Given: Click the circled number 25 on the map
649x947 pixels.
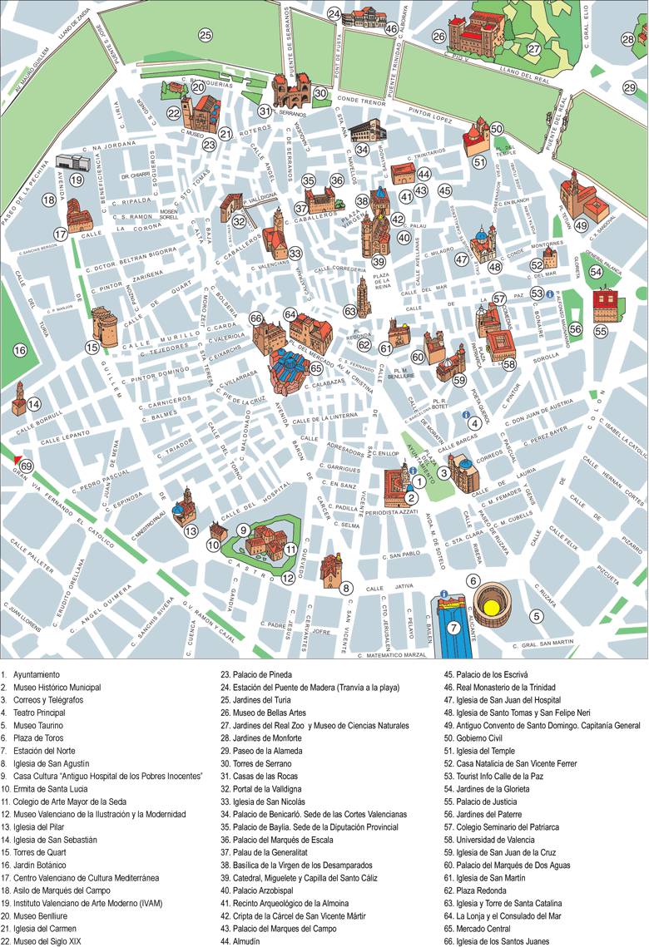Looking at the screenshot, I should (205, 35).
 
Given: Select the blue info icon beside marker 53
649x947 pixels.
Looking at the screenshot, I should (550, 293).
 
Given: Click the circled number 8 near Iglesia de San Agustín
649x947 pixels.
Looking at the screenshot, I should (347, 588).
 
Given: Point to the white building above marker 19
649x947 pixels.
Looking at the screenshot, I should (73, 160).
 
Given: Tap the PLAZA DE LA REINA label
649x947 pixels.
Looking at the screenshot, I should (381, 281).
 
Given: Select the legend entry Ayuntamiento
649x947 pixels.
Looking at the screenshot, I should (38, 674).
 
